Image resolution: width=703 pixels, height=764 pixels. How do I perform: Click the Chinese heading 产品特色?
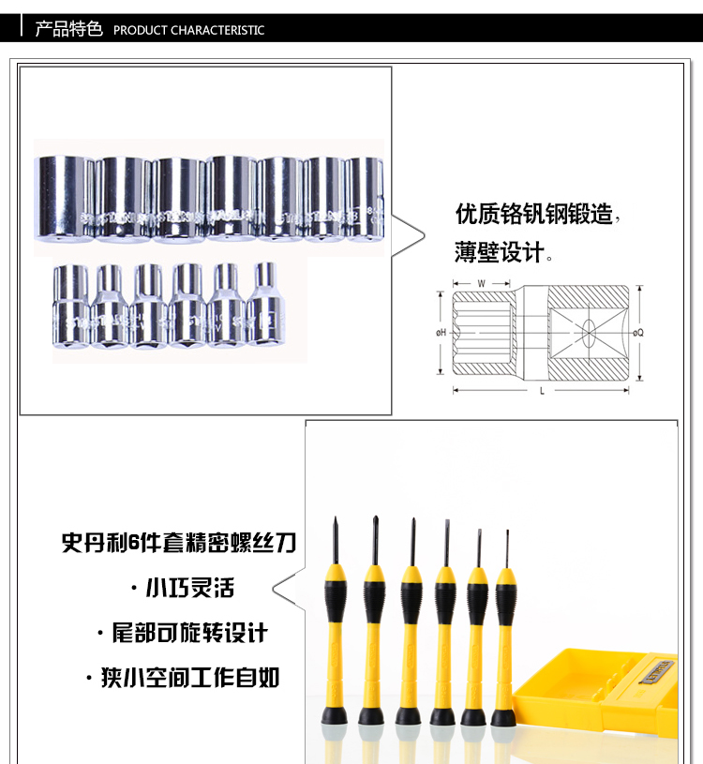click(x=68, y=29)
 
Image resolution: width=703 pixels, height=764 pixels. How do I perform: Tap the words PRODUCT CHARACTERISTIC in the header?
click(x=188, y=30)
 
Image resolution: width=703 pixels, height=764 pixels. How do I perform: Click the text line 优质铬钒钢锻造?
click(x=533, y=215)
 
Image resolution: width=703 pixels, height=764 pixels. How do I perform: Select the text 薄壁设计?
click(x=500, y=253)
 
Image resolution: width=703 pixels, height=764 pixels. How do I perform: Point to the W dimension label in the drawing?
click(x=481, y=283)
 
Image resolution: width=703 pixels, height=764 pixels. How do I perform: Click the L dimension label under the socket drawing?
click(x=542, y=390)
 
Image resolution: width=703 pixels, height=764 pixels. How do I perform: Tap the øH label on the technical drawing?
click(x=439, y=333)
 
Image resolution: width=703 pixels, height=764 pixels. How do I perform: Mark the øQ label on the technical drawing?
click(x=638, y=333)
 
